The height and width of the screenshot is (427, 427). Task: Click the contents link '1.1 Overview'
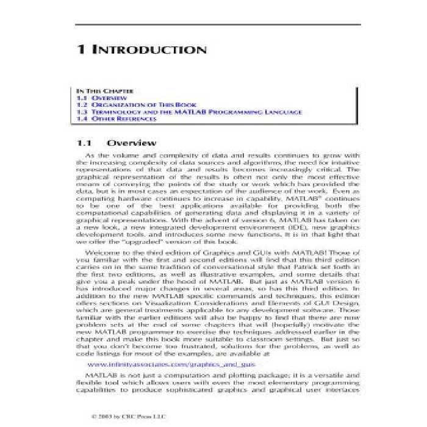coord(101,98)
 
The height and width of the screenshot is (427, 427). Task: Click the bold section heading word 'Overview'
coord(131,143)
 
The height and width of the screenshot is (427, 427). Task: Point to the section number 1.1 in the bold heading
coord(84,143)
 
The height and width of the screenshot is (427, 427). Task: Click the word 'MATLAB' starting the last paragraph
coord(100,373)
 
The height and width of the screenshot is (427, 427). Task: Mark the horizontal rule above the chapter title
coord(218,24)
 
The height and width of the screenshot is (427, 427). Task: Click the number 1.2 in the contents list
coord(82,105)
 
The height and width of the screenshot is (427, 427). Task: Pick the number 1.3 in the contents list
coord(82,112)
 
